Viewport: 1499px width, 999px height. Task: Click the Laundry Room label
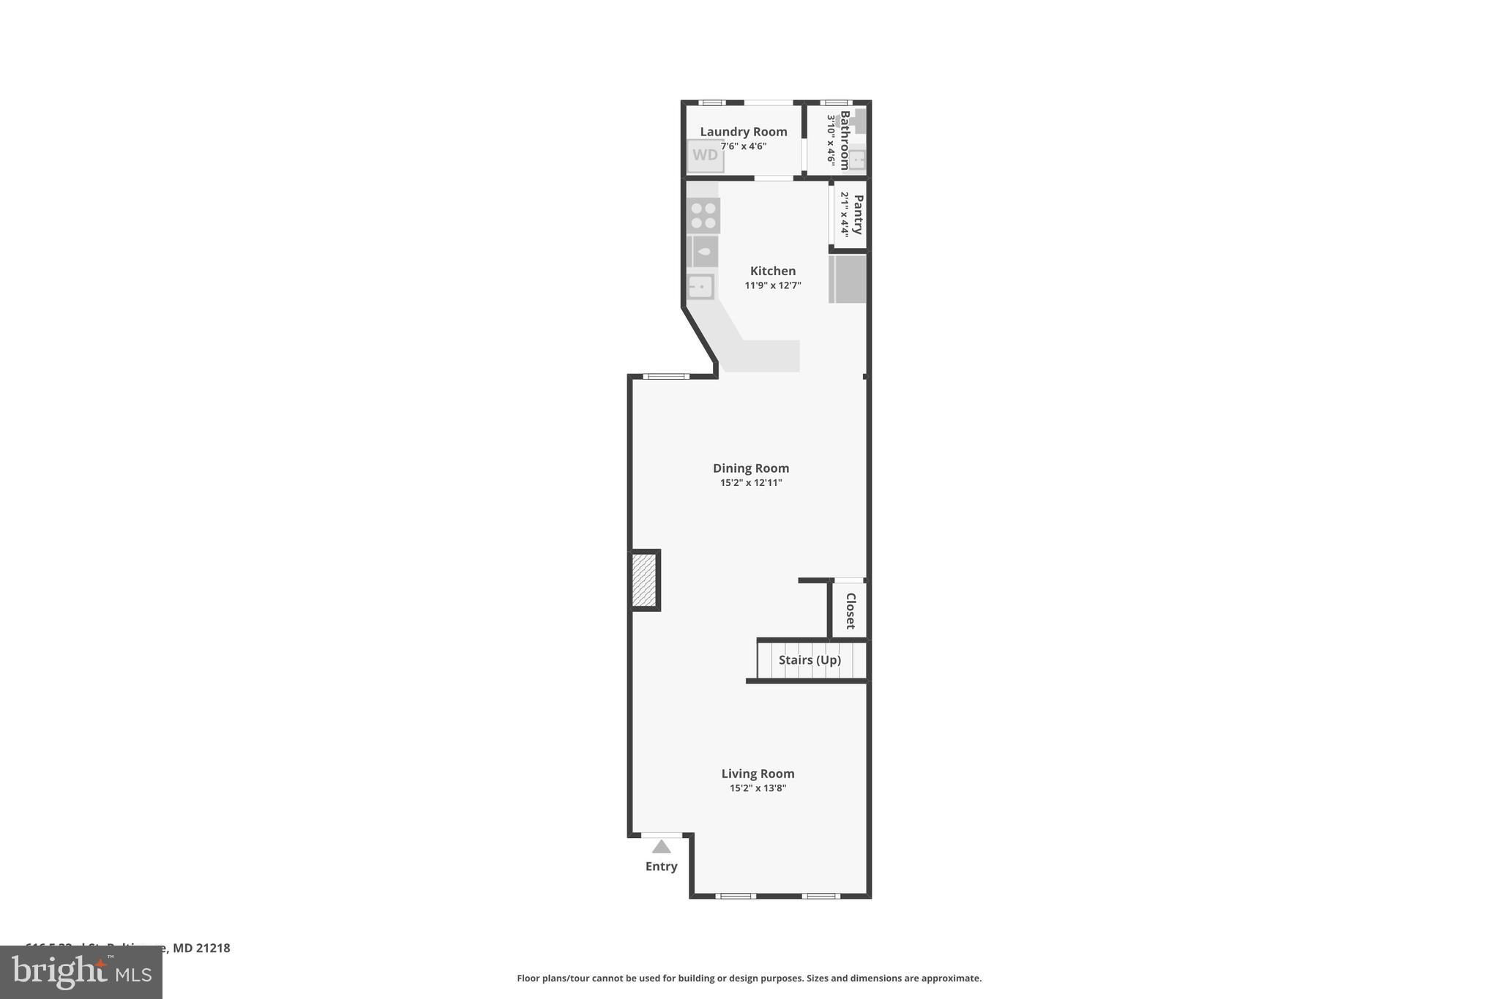(743, 132)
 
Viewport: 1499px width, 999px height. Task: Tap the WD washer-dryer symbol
(705, 155)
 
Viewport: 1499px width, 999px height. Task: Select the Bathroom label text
(845, 140)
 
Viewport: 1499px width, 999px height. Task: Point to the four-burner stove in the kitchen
(703, 215)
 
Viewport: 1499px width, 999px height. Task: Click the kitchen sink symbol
(700, 286)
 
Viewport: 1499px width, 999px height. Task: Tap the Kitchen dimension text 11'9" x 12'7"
(772, 285)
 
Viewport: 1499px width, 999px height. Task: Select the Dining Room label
(751, 468)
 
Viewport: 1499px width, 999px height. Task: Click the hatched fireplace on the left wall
(644, 580)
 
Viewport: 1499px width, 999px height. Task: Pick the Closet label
(851, 610)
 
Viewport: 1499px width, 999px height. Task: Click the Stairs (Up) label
(810, 660)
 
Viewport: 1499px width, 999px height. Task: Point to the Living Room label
(758, 774)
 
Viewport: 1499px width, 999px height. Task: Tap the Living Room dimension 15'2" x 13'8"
(758, 788)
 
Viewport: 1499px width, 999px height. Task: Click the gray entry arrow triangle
(662, 847)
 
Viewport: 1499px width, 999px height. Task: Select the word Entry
(661, 867)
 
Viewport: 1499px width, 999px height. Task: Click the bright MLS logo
(81, 973)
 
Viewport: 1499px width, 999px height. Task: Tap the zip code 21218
(213, 948)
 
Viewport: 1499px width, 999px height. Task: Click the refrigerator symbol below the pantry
(848, 278)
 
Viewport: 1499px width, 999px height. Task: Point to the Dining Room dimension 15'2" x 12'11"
(751, 483)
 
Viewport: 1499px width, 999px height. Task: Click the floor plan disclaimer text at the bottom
(749, 979)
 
